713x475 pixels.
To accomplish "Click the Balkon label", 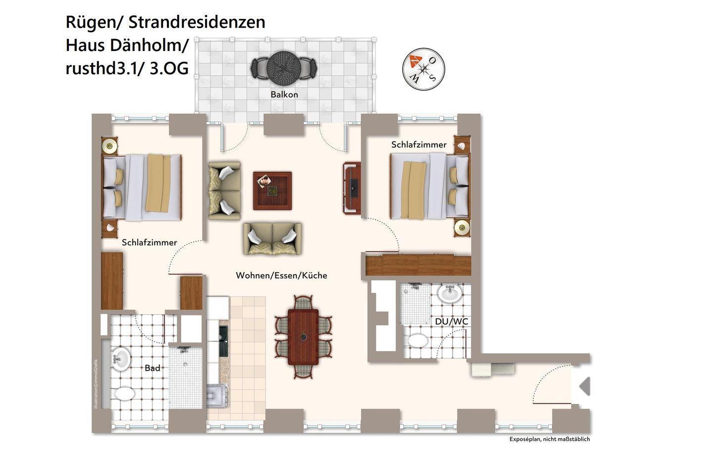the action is [284, 95].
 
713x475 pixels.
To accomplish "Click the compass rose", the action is [423, 69].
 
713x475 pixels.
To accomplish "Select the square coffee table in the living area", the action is [272, 191].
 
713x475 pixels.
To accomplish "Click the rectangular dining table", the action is [303, 337].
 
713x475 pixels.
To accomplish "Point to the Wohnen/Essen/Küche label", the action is [281, 276].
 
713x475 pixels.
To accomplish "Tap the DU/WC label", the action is [452, 322].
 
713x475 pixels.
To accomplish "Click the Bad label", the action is [153, 368].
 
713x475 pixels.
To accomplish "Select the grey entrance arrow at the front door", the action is [585, 386].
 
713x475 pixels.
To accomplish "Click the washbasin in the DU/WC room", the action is [450, 293].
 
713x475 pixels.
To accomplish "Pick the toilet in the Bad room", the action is [125, 393].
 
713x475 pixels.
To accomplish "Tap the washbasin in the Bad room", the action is [120, 359].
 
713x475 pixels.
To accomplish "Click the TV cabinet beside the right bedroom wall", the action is [352, 189].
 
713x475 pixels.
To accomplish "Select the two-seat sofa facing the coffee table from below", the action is [272, 238].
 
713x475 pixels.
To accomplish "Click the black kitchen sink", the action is [223, 341].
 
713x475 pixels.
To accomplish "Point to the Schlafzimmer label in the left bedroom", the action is [150, 243].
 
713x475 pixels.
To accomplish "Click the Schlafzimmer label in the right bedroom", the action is [418, 145].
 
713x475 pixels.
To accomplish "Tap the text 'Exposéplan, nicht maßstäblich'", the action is [550, 439].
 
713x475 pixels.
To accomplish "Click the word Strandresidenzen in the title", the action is [197, 22].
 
